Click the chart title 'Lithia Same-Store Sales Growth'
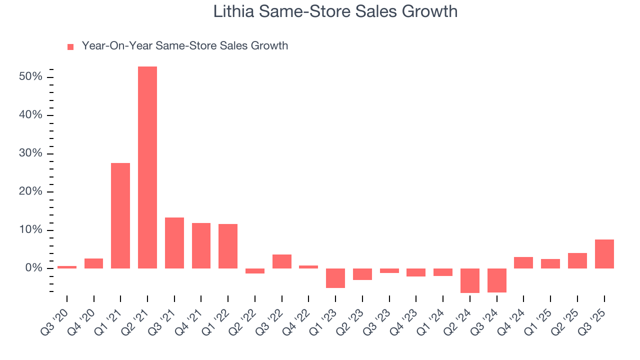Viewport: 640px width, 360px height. pyautogui.click(x=335, y=11)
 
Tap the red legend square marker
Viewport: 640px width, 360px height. pyautogui.click(x=70, y=46)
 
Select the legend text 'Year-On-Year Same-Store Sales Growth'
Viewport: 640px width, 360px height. pyautogui.click(x=184, y=46)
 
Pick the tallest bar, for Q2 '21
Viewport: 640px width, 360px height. pyautogui.click(x=147, y=167)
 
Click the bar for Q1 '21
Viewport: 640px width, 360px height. pyautogui.click(x=120, y=215)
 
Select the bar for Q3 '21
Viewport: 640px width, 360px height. pyautogui.click(x=174, y=243)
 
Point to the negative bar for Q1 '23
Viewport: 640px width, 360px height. pyautogui.click(x=335, y=278)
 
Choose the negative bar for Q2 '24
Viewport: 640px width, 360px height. pyautogui.click(x=470, y=280)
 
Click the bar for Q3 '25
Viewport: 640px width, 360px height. pyautogui.click(x=604, y=254)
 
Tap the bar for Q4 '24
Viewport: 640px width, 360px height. pyautogui.click(x=523, y=262)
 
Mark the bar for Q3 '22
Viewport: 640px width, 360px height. pyautogui.click(x=282, y=261)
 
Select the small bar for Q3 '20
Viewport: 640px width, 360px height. pyautogui.click(x=67, y=267)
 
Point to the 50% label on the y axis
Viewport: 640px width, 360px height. pyautogui.click(x=30, y=77)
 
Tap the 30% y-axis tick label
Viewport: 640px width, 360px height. pyautogui.click(x=30, y=154)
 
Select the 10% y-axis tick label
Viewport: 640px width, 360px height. pyautogui.click(x=30, y=230)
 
